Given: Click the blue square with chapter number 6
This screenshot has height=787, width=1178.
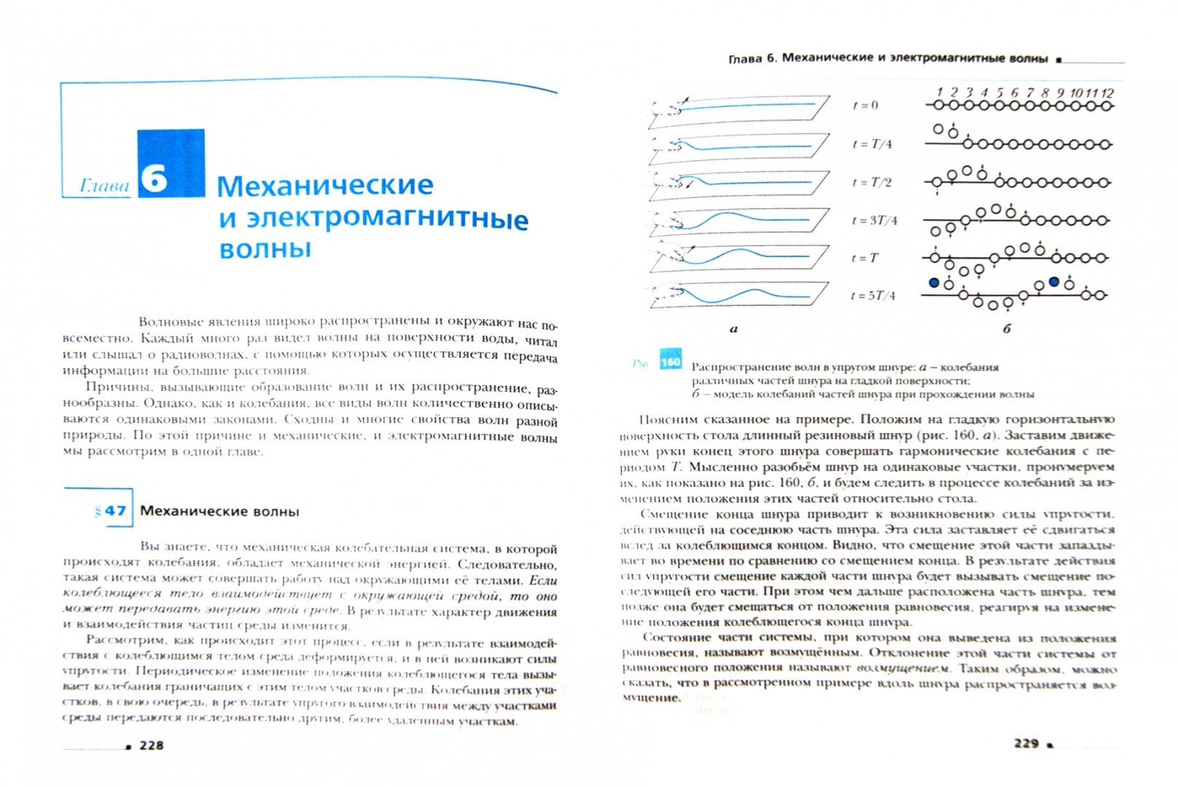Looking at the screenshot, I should (x=171, y=163).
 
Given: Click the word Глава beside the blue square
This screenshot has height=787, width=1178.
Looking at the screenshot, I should (x=104, y=187).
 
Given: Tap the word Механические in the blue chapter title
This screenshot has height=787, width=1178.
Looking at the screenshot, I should (x=325, y=186).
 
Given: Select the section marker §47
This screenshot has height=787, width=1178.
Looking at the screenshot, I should (x=111, y=511).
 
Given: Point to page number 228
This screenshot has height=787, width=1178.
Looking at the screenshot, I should (x=152, y=745).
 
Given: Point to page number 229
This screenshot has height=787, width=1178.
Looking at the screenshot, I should (x=1026, y=743).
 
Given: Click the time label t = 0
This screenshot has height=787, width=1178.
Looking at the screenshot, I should (x=865, y=106).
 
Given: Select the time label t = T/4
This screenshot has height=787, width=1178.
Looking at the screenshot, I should (x=872, y=144).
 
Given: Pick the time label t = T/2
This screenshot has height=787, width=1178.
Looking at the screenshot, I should (x=872, y=182).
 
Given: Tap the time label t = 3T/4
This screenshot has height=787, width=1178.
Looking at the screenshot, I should (x=875, y=220).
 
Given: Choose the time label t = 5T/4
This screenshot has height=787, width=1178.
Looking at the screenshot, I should (x=873, y=296).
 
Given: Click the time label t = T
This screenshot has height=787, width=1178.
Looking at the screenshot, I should (x=865, y=258).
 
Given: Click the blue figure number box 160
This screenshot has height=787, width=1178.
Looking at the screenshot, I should (x=670, y=361).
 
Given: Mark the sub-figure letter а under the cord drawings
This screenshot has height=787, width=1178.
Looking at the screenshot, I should (x=733, y=329).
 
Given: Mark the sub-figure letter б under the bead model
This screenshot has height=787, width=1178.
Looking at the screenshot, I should (x=1007, y=329).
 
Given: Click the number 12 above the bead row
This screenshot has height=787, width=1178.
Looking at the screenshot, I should (x=1107, y=93).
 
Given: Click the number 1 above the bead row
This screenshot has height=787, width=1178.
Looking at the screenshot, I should (x=940, y=93).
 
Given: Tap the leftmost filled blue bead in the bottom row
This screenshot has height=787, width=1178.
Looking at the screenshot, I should (x=935, y=282).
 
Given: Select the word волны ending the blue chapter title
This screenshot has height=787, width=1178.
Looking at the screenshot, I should (x=265, y=249).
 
